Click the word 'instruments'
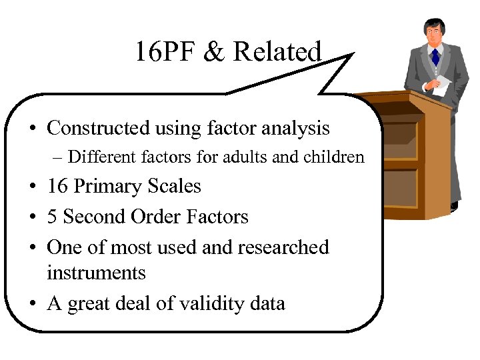pyautogui.click(x=96, y=273)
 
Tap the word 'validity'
pyautogui.click(x=207, y=304)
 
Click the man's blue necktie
pyautogui.click(x=435, y=56)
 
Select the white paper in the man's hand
pyautogui.click(x=443, y=84)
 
